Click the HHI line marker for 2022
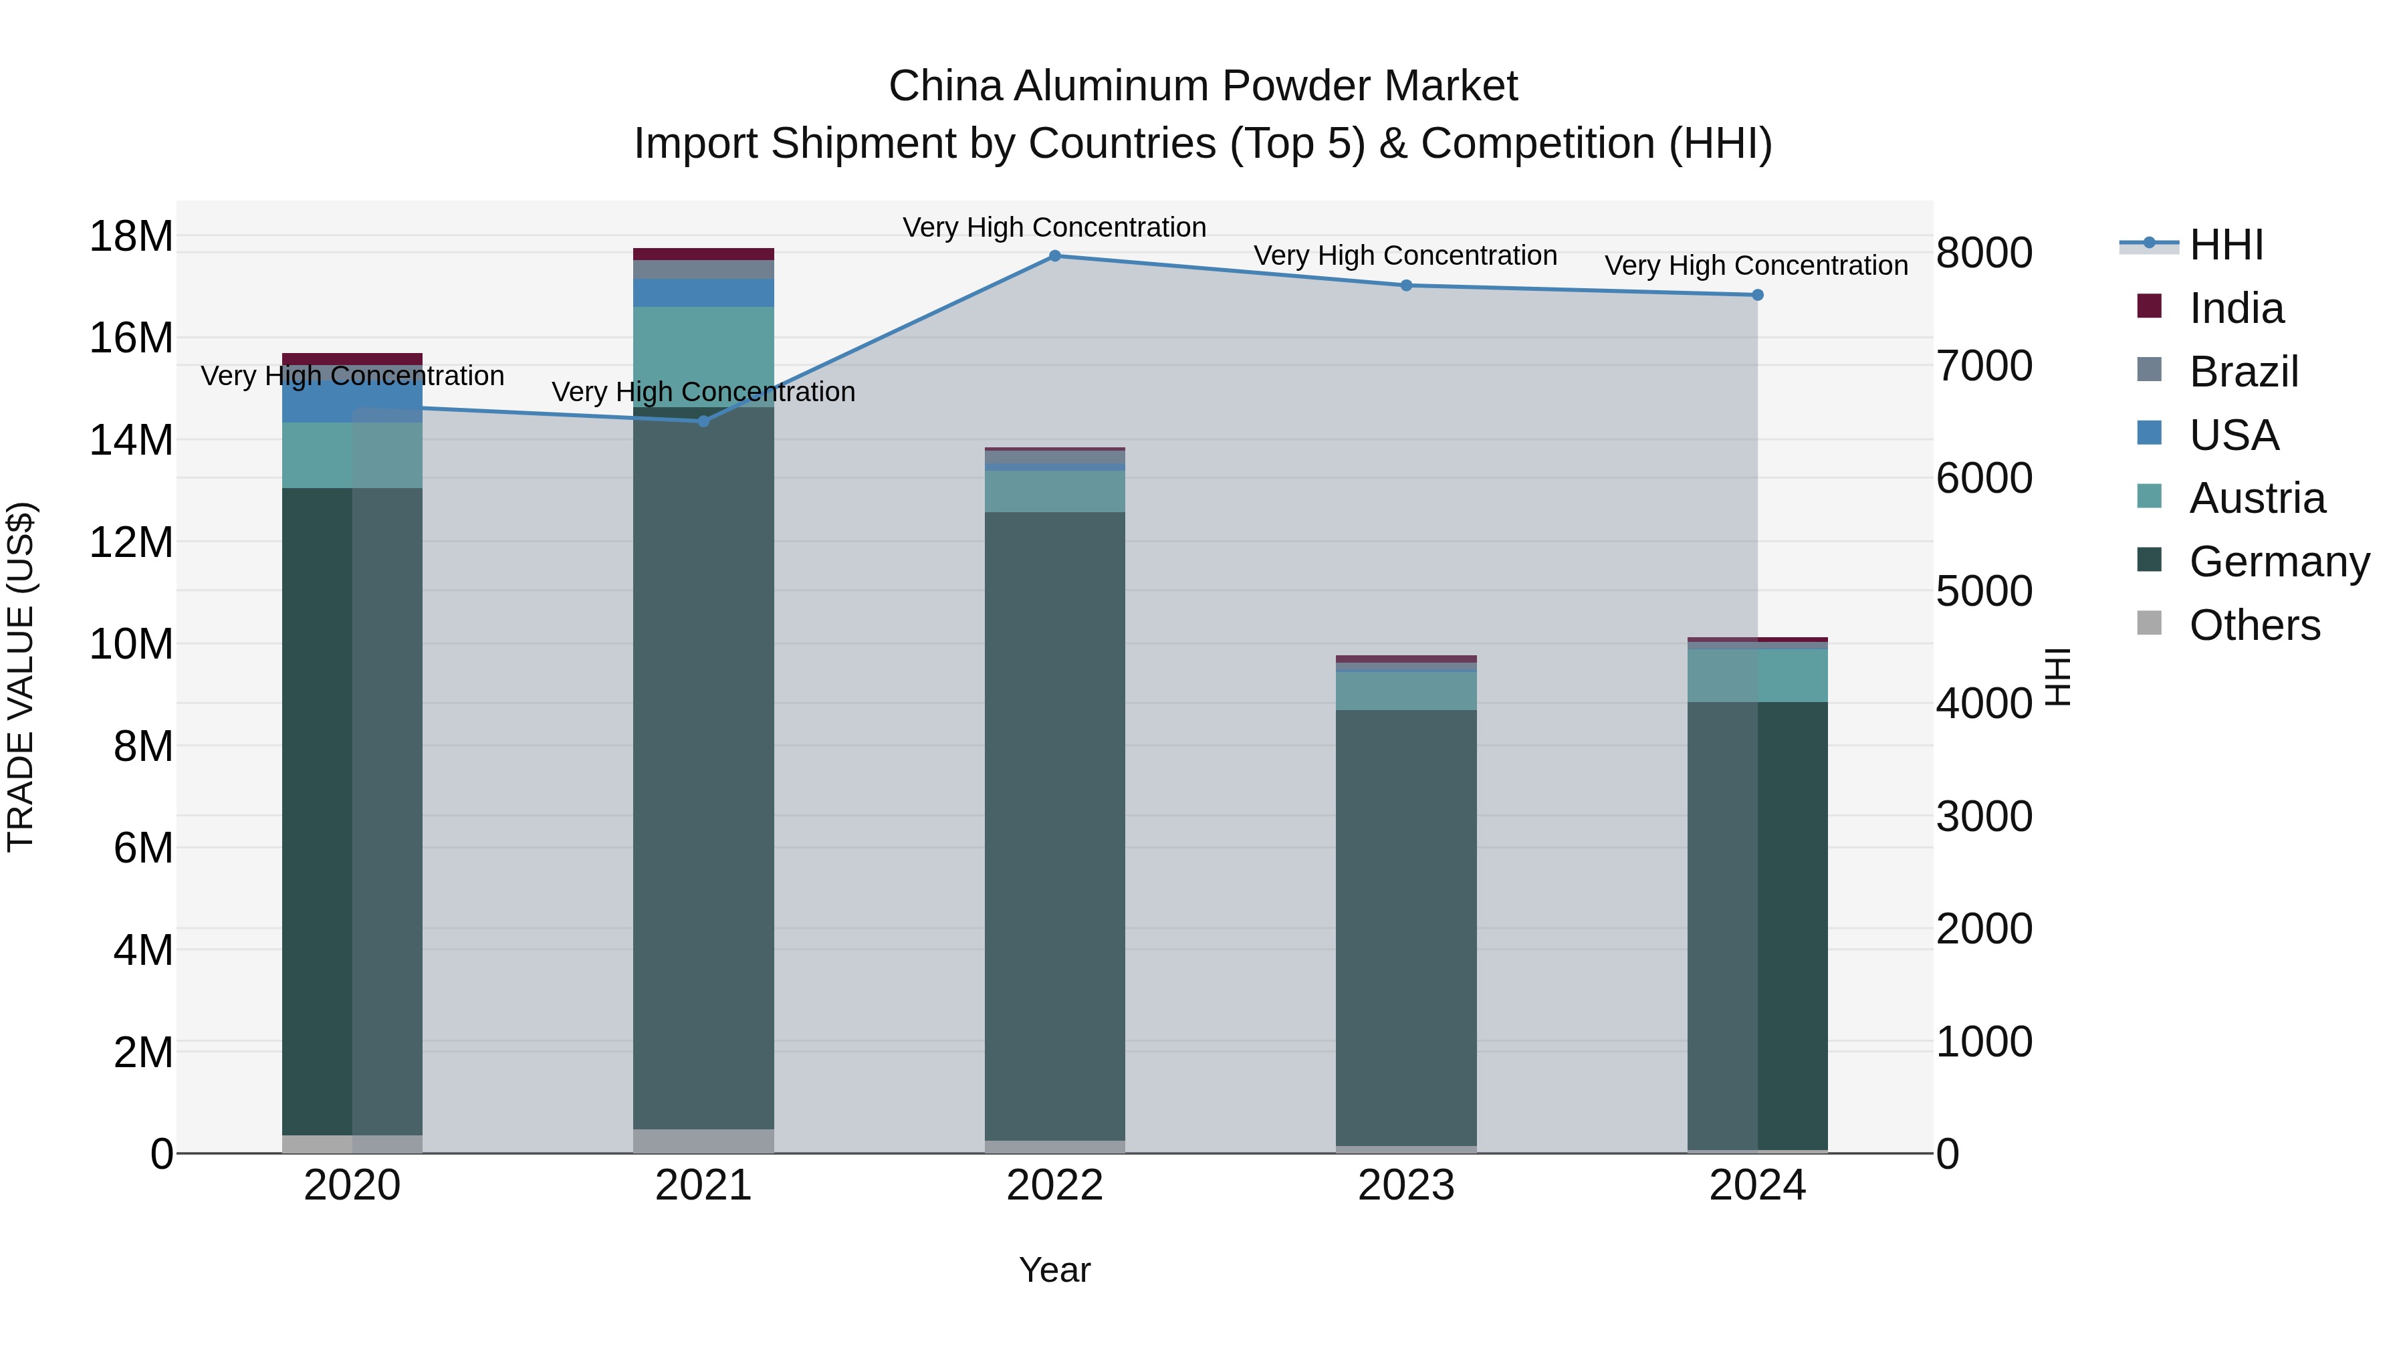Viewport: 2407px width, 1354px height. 1055,255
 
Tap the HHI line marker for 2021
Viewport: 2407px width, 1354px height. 703,421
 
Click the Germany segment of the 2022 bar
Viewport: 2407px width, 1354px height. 1055,822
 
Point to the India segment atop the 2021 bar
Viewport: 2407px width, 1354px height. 703,254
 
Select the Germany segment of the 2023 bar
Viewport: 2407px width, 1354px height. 1406,925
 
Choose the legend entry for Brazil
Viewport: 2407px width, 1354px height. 2243,372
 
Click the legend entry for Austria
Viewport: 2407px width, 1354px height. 2256,498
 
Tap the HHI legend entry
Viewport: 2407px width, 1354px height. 2226,245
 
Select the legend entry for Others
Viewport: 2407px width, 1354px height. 2254,625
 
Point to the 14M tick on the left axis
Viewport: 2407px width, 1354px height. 131,440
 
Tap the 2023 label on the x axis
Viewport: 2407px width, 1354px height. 1406,1186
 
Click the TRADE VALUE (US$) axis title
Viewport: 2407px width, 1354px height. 21,677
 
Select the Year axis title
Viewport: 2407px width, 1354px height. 1055,1270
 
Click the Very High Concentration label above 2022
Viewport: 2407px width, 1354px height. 1055,227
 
